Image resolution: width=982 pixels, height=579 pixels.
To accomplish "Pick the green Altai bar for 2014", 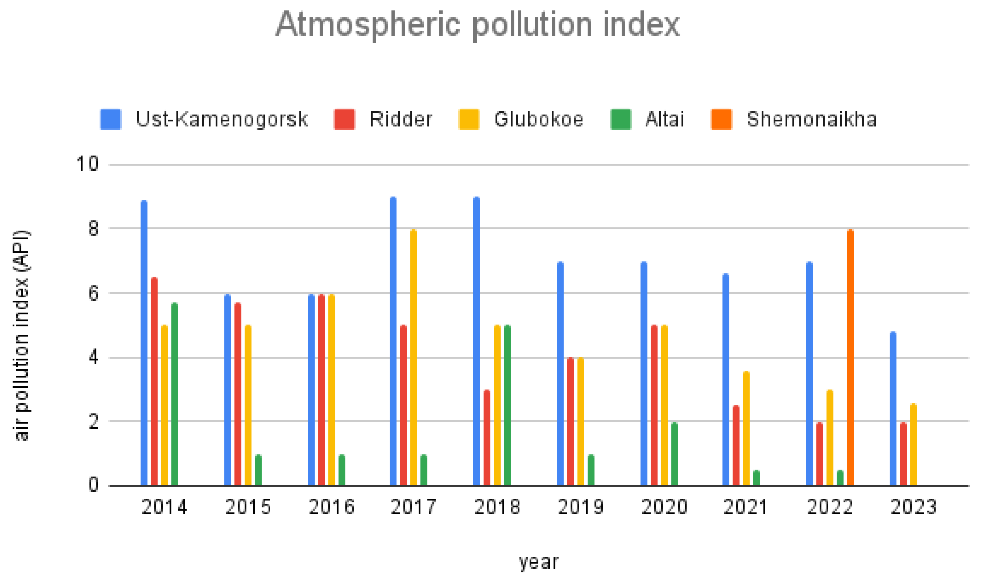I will coord(175,394).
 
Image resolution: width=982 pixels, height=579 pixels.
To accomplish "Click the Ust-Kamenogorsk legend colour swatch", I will coord(111,119).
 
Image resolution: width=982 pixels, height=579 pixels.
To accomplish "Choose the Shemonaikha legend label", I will coord(812,119).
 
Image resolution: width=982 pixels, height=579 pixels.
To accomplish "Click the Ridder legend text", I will coord(401,119).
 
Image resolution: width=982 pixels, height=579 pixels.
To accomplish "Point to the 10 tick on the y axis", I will coord(87,164).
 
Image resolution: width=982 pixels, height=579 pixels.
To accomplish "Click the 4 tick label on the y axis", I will coord(93,357).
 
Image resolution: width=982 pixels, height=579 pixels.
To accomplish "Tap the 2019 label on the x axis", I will coord(581,507).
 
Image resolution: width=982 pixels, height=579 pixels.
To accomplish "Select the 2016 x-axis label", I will coord(332,507).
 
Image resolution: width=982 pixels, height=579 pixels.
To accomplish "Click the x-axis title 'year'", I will coord(538,562).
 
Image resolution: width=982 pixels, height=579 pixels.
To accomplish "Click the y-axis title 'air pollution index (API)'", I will coord(21,336).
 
